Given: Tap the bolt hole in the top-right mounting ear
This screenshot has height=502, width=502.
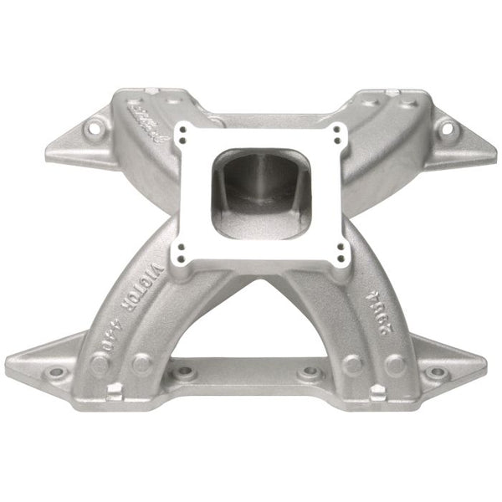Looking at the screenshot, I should (446, 128).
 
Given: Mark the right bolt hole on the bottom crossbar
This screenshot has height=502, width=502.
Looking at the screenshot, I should (310, 371).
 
